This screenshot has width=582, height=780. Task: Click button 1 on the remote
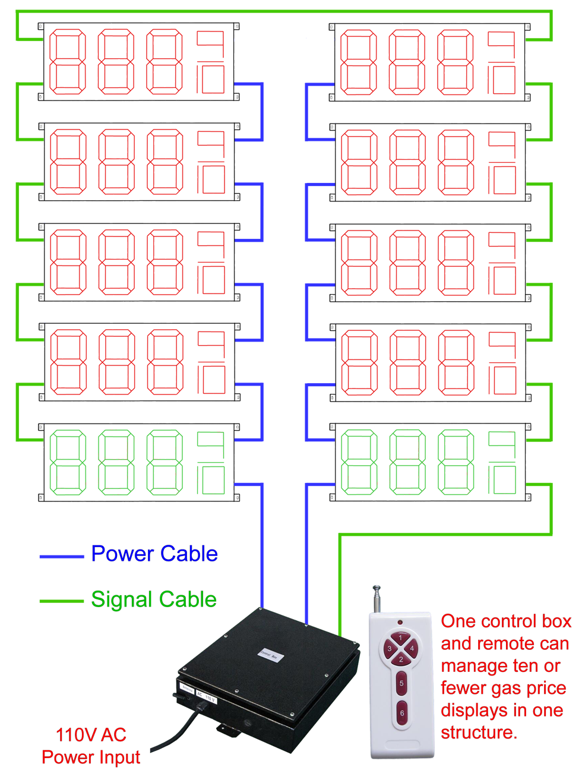(401, 638)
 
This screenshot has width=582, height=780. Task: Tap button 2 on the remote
(401, 659)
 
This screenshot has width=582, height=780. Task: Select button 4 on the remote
(412, 648)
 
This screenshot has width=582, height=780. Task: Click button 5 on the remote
(401, 684)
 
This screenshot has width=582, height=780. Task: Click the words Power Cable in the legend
(154, 554)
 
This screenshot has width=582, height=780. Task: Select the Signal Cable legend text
(154, 599)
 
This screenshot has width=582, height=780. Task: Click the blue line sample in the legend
(61, 557)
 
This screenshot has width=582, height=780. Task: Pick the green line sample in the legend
(61, 601)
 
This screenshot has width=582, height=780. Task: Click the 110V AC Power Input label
(91, 746)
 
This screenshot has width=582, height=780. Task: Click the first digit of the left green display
(67, 463)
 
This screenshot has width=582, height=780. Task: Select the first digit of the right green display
(358, 463)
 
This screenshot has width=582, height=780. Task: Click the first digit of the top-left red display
(67, 62)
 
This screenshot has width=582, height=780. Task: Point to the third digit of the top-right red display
(456, 62)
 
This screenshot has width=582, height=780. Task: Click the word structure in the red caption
(477, 732)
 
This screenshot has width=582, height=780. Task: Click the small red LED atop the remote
(400, 622)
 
